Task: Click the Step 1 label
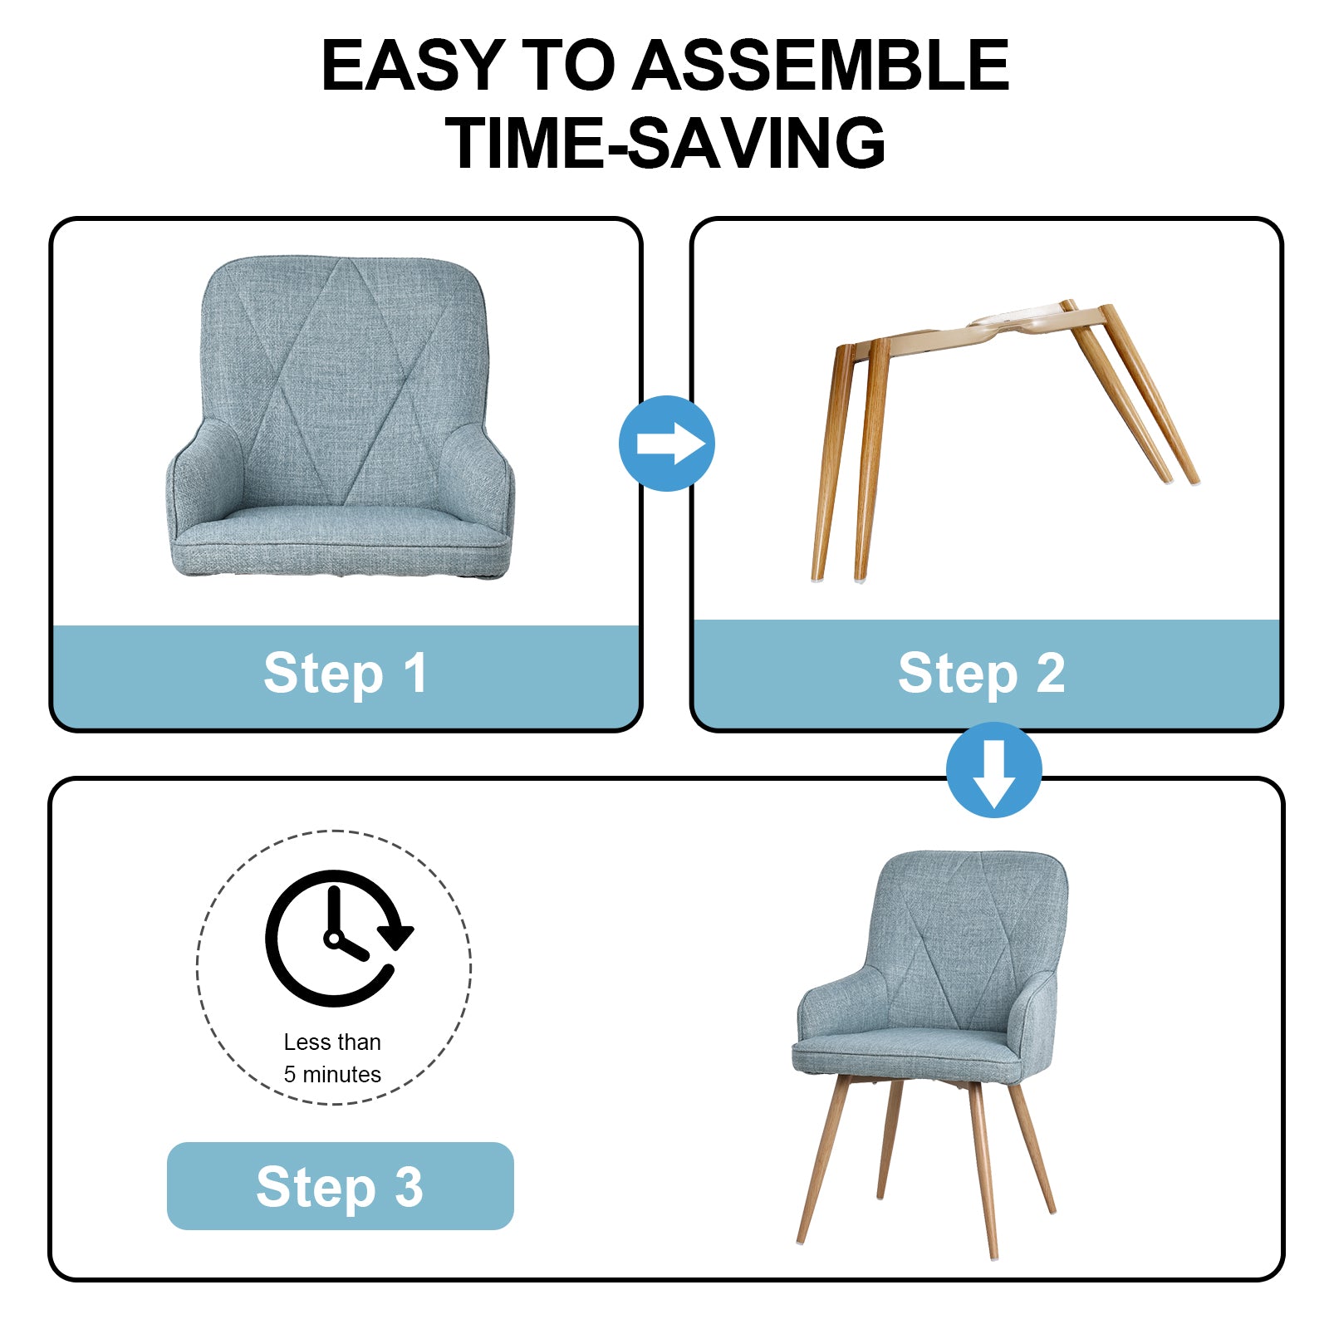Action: click(x=346, y=673)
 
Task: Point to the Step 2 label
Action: click(x=981, y=673)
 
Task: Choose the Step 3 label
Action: click(x=340, y=1186)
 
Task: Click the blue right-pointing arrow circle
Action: click(x=667, y=444)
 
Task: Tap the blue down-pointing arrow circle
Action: click(x=994, y=770)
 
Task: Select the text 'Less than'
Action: click(x=332, y=1042)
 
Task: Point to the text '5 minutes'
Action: click(x=332, y=1074)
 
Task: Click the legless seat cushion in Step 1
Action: click(x=340, y=417)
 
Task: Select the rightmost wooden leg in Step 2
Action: click(x=1150, y=394)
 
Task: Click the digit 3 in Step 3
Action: click(x=409, y=1186)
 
